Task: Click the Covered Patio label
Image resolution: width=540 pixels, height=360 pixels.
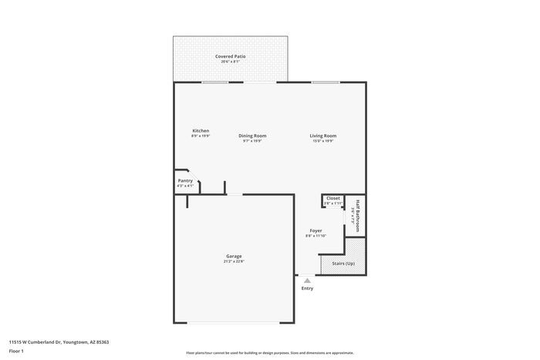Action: [231, 56]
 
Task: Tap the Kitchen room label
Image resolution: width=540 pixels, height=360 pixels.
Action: [201, 130]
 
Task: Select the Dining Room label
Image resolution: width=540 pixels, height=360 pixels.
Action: [252, 136]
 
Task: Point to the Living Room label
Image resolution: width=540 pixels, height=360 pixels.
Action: [323, 136]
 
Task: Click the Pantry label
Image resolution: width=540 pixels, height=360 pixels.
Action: [185, 180]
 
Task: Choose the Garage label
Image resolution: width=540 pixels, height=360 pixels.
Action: [233, 256]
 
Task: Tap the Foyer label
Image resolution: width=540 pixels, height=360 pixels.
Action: [316, 230]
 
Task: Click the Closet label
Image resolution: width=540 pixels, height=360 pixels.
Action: [332, 198]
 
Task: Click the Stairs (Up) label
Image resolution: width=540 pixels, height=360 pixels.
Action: [343, 264]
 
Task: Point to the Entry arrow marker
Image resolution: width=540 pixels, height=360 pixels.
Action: [307, 281]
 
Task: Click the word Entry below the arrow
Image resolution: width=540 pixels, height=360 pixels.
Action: [307, 288]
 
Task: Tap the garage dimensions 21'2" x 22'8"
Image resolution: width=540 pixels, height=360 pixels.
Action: [233, 261]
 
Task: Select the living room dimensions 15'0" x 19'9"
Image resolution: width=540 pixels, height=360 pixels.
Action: [323, 141]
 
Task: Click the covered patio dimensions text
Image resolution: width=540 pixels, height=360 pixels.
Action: [231, 62]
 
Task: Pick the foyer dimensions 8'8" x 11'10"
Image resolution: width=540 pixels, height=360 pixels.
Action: [316, 236]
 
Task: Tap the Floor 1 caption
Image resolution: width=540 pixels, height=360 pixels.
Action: [16, 351]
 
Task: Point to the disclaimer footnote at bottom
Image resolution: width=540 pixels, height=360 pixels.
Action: [269, 352]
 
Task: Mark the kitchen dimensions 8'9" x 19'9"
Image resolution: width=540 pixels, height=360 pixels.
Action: [201, 136]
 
